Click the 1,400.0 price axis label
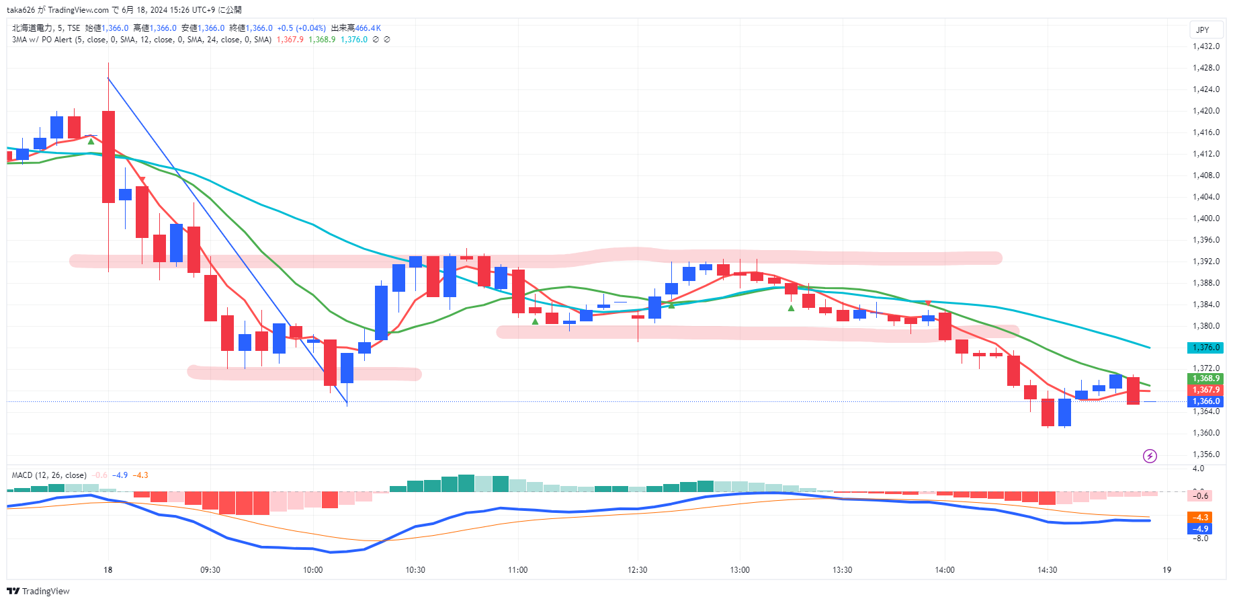coord(1206,218)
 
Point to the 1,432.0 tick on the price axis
coord(1206,46)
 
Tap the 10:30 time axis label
coord(415,570)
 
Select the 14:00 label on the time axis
coord(945,570)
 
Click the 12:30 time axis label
coord(638,570)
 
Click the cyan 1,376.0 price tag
coord(1206,348)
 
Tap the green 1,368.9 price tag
coord(1206,378)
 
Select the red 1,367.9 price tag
coord(1206,390)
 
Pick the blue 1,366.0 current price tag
coord(1206,401)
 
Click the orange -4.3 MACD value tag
coord(1200,518)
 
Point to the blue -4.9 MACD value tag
coord(1200,529)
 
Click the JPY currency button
coord(1203,30)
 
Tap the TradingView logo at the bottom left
coord(38,592)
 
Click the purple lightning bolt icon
coord(1150,456)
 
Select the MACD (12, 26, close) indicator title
coord(49,475)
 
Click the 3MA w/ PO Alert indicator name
coord(42,40)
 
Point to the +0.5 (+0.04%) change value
coord(301,28)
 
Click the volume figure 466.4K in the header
coord(368,28)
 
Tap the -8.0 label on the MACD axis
coord(1200,538)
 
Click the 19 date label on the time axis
coord(1167,570)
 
